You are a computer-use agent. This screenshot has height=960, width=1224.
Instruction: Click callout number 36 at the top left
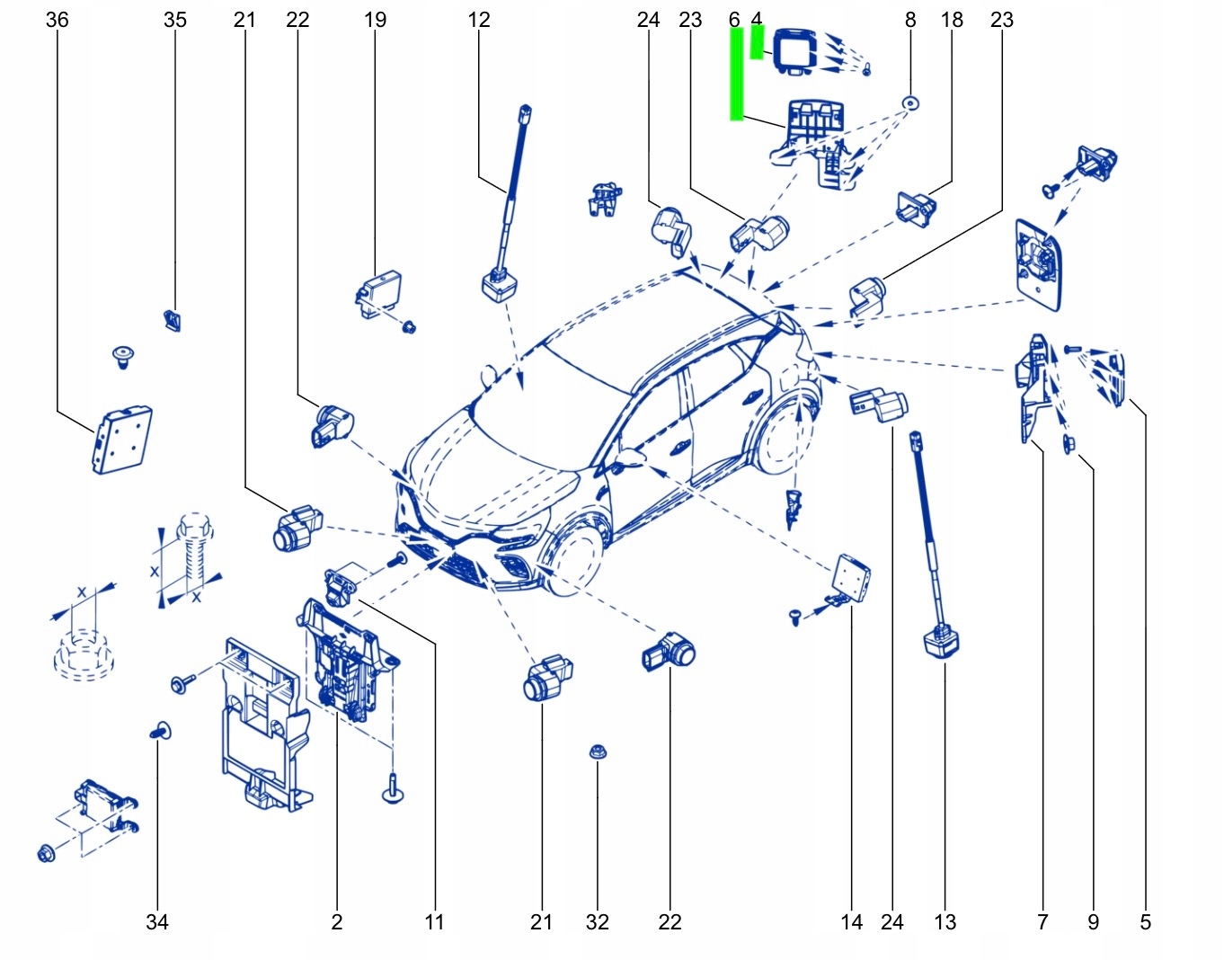click(57, 20)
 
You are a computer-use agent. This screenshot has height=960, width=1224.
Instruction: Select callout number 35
click(175, 20)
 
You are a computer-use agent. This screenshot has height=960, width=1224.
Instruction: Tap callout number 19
click(375, 20)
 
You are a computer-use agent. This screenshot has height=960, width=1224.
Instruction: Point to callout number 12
click(479, 20)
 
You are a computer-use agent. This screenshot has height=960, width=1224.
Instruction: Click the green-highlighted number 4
click(757, 20)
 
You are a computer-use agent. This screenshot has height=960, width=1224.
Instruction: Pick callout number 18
click(952, 20)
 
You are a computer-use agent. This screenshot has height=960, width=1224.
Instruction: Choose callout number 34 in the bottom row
click(156, 922)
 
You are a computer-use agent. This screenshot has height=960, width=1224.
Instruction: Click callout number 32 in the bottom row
click(597, 922)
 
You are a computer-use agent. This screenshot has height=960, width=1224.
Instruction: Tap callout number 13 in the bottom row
click(945, 922)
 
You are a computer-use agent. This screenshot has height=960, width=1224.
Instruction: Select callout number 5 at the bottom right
click(1145, 922)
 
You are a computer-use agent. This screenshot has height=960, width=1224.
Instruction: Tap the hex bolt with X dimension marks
click(191, 553)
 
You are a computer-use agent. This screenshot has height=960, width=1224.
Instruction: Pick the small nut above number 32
click(596, 751)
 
